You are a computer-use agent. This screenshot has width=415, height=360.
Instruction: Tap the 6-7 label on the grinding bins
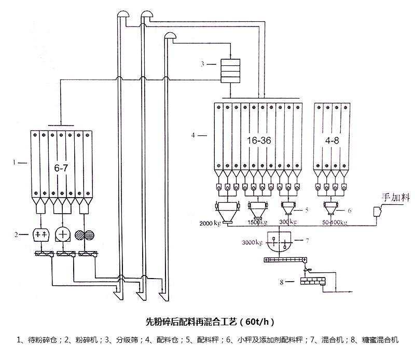coord(61,168)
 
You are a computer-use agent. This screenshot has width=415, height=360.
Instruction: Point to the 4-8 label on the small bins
coord(330,141)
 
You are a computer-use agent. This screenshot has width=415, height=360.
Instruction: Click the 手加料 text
coord(396,197)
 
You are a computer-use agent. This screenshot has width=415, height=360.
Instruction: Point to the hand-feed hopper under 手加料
coord(378,211)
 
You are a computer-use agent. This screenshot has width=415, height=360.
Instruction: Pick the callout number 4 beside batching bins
coord(193,135)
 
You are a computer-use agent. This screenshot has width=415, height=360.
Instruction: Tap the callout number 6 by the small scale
coord(350,211)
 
